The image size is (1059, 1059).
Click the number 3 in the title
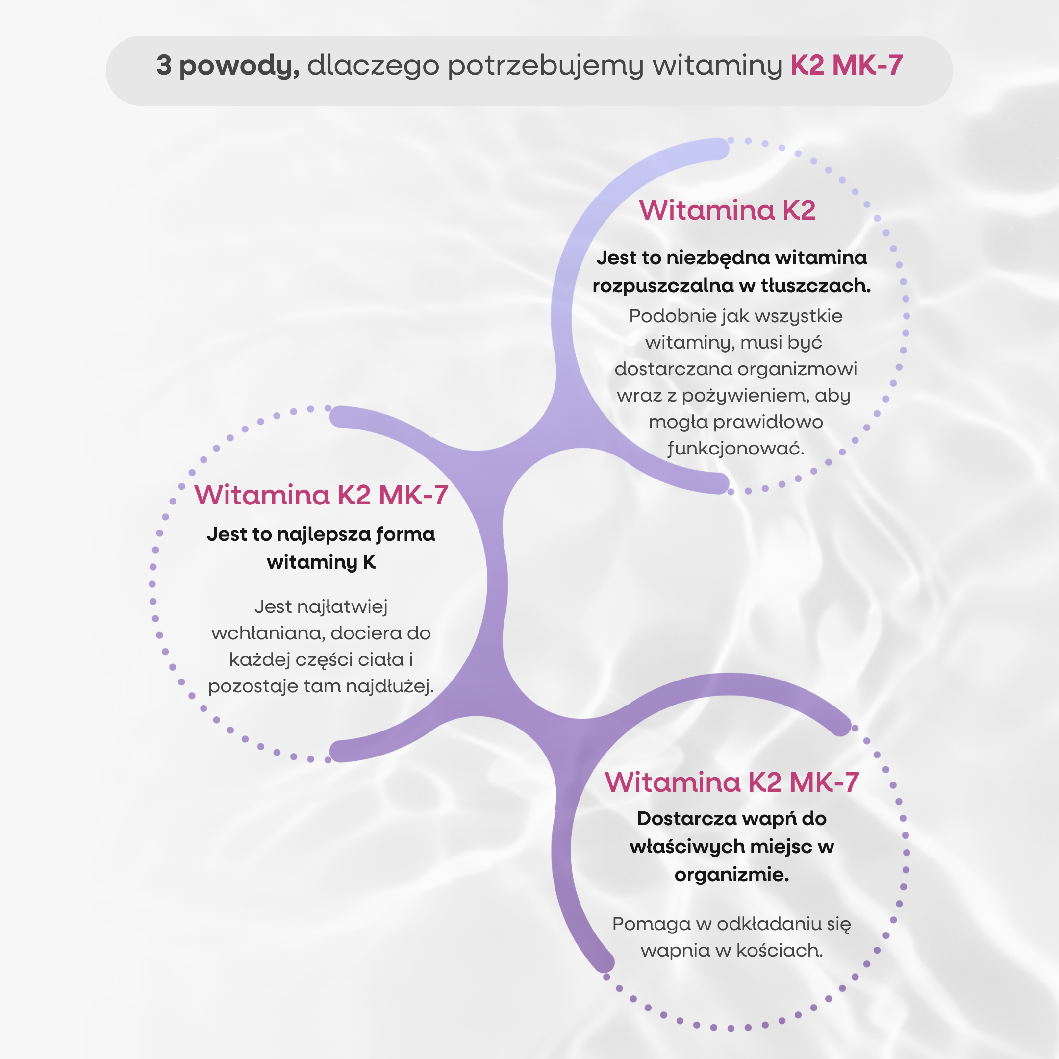[164, 65]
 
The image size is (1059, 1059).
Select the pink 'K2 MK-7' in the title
[846, 65]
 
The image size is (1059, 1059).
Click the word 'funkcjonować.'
[735, 449]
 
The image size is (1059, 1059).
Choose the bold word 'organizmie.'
[732, 875]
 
